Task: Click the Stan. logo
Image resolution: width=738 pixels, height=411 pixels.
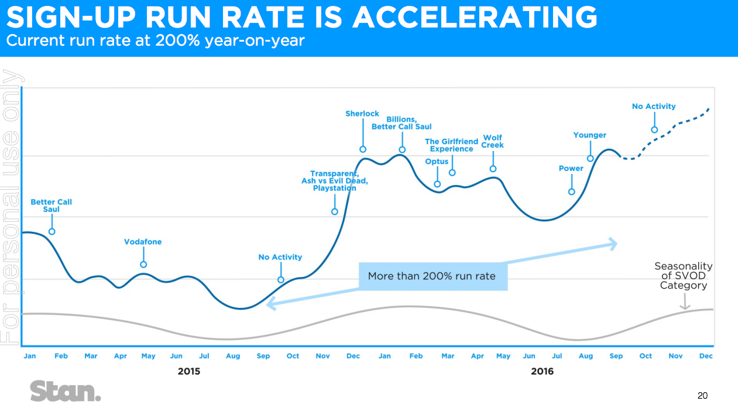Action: pos(66,391)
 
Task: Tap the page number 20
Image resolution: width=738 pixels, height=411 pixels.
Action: pos(702,396)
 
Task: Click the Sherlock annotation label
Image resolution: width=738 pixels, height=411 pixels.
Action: pos(362,114)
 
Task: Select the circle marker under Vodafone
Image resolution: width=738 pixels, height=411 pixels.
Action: pos(143,265)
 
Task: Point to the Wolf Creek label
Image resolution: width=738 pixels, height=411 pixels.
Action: pos(493,142)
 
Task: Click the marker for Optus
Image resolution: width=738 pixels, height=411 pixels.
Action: pos(437,184)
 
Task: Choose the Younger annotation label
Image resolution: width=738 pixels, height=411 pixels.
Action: pos(589,135)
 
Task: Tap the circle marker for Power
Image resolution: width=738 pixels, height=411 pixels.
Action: pos(572,192)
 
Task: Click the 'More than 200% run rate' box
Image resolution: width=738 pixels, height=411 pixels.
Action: pos(431,276)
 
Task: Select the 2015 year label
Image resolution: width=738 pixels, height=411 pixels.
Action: pos(189,371)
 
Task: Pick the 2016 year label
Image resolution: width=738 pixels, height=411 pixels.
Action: pos(542,371)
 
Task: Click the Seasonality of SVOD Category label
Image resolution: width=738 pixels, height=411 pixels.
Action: pos(683,276)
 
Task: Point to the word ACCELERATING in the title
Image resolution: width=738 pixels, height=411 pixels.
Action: pos(476,18)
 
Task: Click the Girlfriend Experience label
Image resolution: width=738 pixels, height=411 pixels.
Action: pos(451,145)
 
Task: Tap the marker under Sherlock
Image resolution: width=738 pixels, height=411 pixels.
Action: pos(363,149)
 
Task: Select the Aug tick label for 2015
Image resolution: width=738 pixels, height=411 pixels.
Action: pos(232,356)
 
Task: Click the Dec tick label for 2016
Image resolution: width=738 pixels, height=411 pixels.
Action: pos(706,356)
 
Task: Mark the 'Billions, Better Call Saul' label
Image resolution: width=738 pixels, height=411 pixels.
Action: pos(401,123)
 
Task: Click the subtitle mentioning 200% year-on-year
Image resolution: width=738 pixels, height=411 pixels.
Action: pos(155,42)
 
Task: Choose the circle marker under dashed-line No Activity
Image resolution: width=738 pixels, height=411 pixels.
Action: pos(654,130)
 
